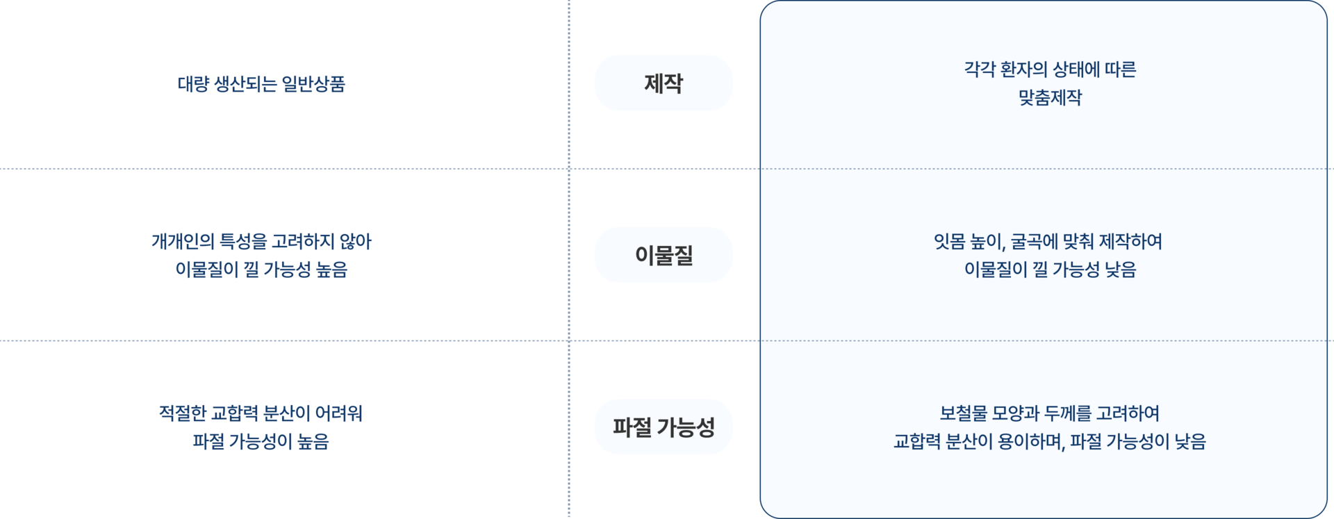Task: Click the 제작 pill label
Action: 664,83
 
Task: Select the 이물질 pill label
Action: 664,255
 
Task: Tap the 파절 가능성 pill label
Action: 664,427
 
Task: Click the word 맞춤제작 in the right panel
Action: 1050,98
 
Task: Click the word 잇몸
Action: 949,242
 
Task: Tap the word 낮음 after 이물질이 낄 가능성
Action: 1119,270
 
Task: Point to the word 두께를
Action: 1067,413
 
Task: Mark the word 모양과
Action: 1015,413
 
